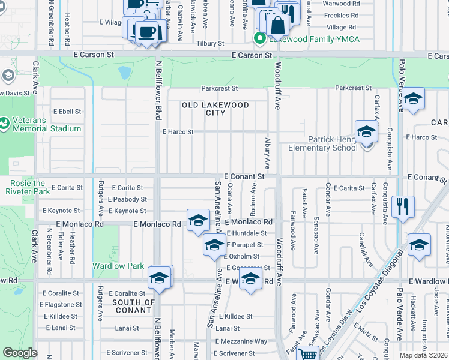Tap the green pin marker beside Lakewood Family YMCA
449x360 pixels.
coord(260,39)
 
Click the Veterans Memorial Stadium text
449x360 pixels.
coord(46,124)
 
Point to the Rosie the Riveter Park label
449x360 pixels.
coord(28,187)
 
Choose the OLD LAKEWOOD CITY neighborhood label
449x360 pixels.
coord(215,109)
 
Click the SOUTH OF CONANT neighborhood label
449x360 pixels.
coord(133,306)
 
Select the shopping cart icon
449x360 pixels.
coord(308,354)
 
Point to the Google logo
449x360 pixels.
coord(20,353)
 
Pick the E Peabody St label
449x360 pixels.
coord(127,199)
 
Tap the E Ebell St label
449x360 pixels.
coord(67,112)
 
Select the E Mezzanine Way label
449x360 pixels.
coord(241,341)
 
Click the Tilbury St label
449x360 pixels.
coord(211,44)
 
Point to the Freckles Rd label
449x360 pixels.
coord(341,16)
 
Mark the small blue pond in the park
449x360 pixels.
coord(124,73)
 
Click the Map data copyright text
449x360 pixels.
coord(424,355)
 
